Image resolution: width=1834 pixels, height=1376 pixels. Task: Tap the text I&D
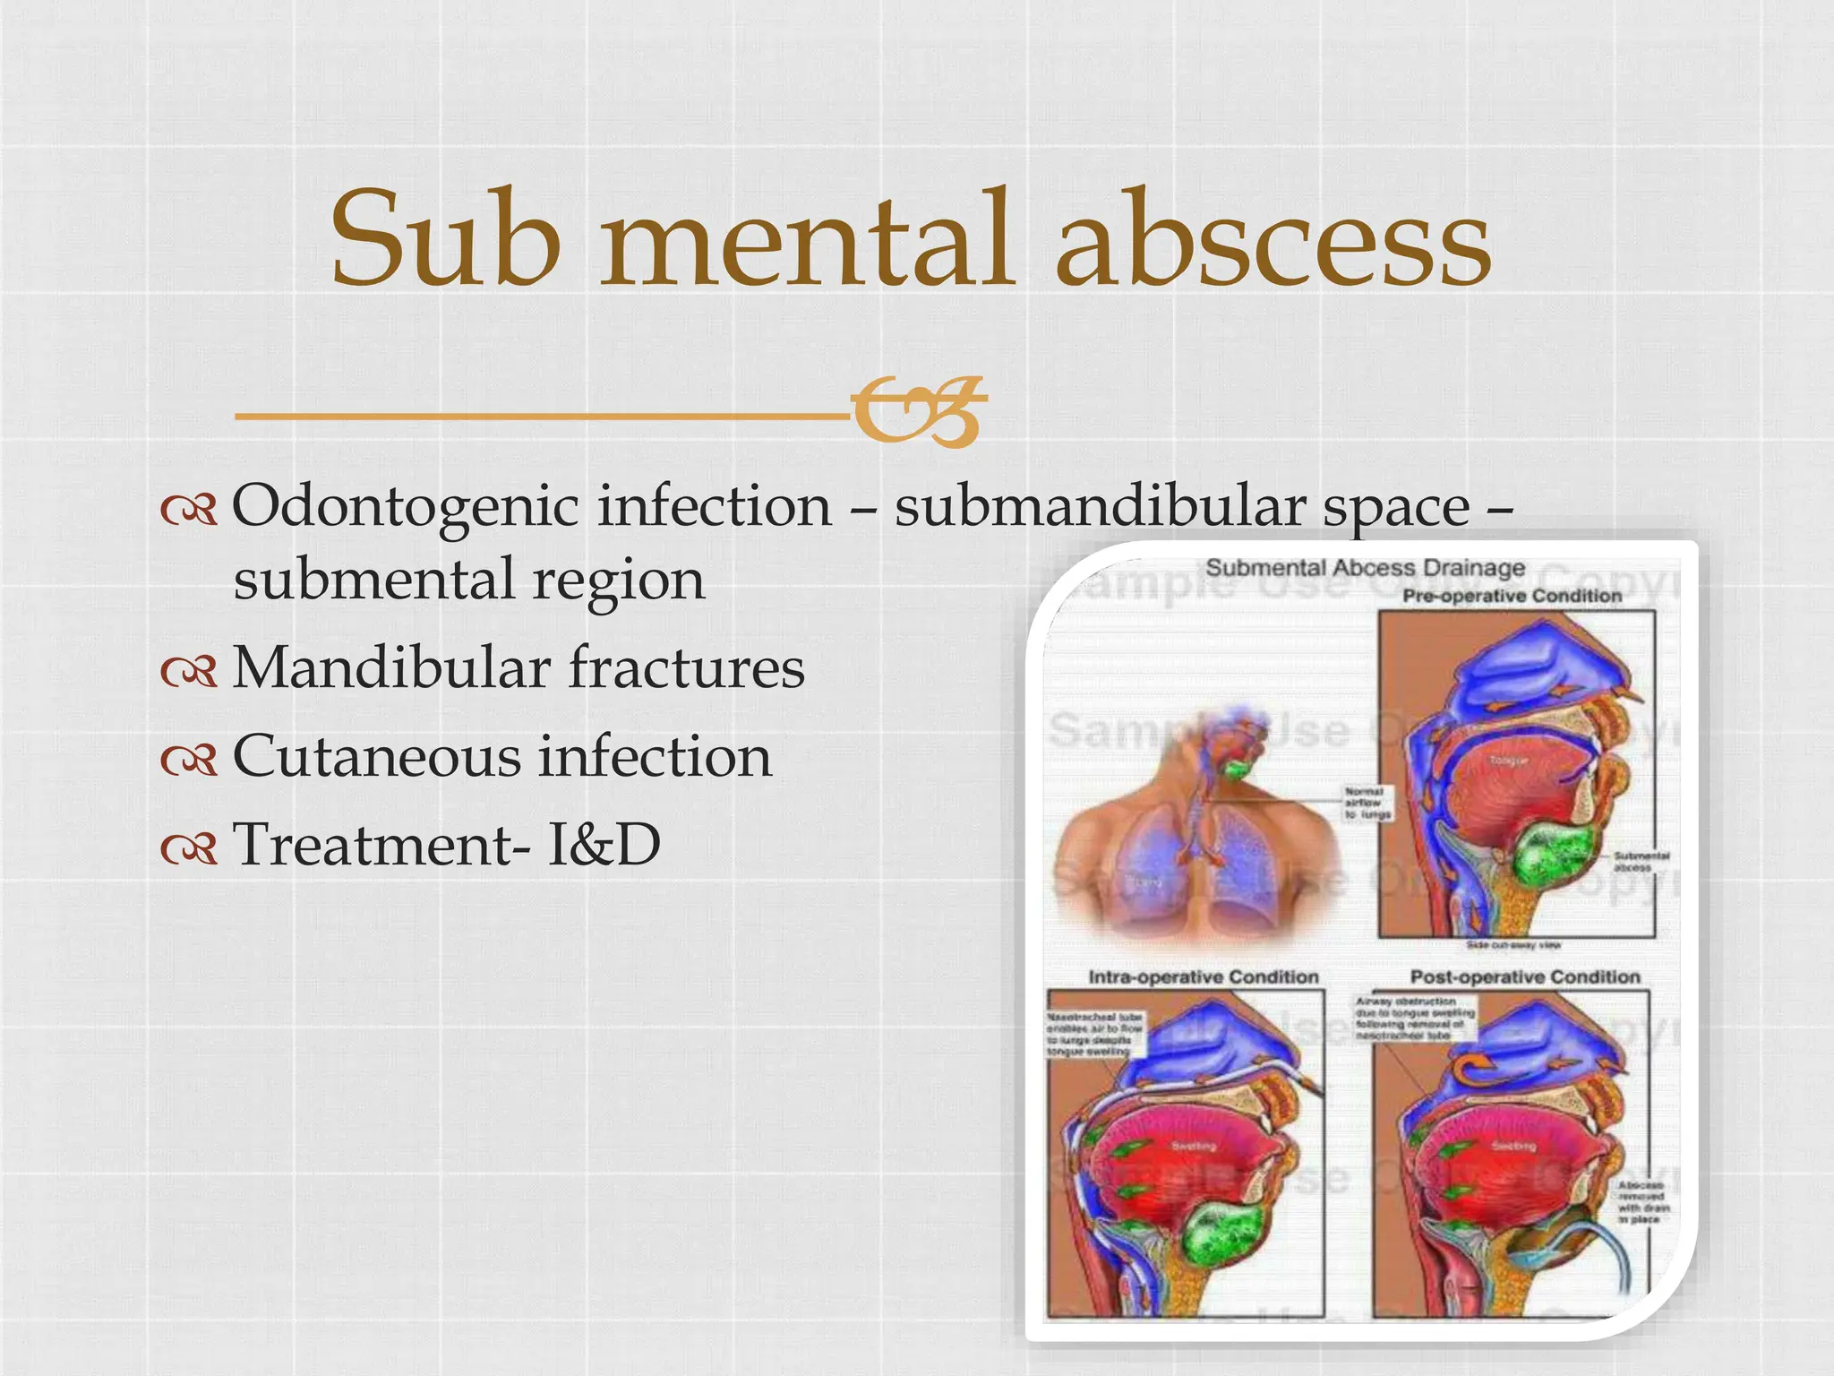604,845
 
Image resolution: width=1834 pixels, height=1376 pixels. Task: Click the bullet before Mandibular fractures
189,671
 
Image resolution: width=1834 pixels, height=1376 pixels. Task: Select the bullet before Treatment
189,847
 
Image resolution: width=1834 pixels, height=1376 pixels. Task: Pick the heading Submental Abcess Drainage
1365,568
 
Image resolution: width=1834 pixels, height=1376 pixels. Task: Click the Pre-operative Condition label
1512,597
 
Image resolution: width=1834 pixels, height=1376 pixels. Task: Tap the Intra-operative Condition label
1203,977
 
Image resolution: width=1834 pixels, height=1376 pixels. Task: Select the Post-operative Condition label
1525,977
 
